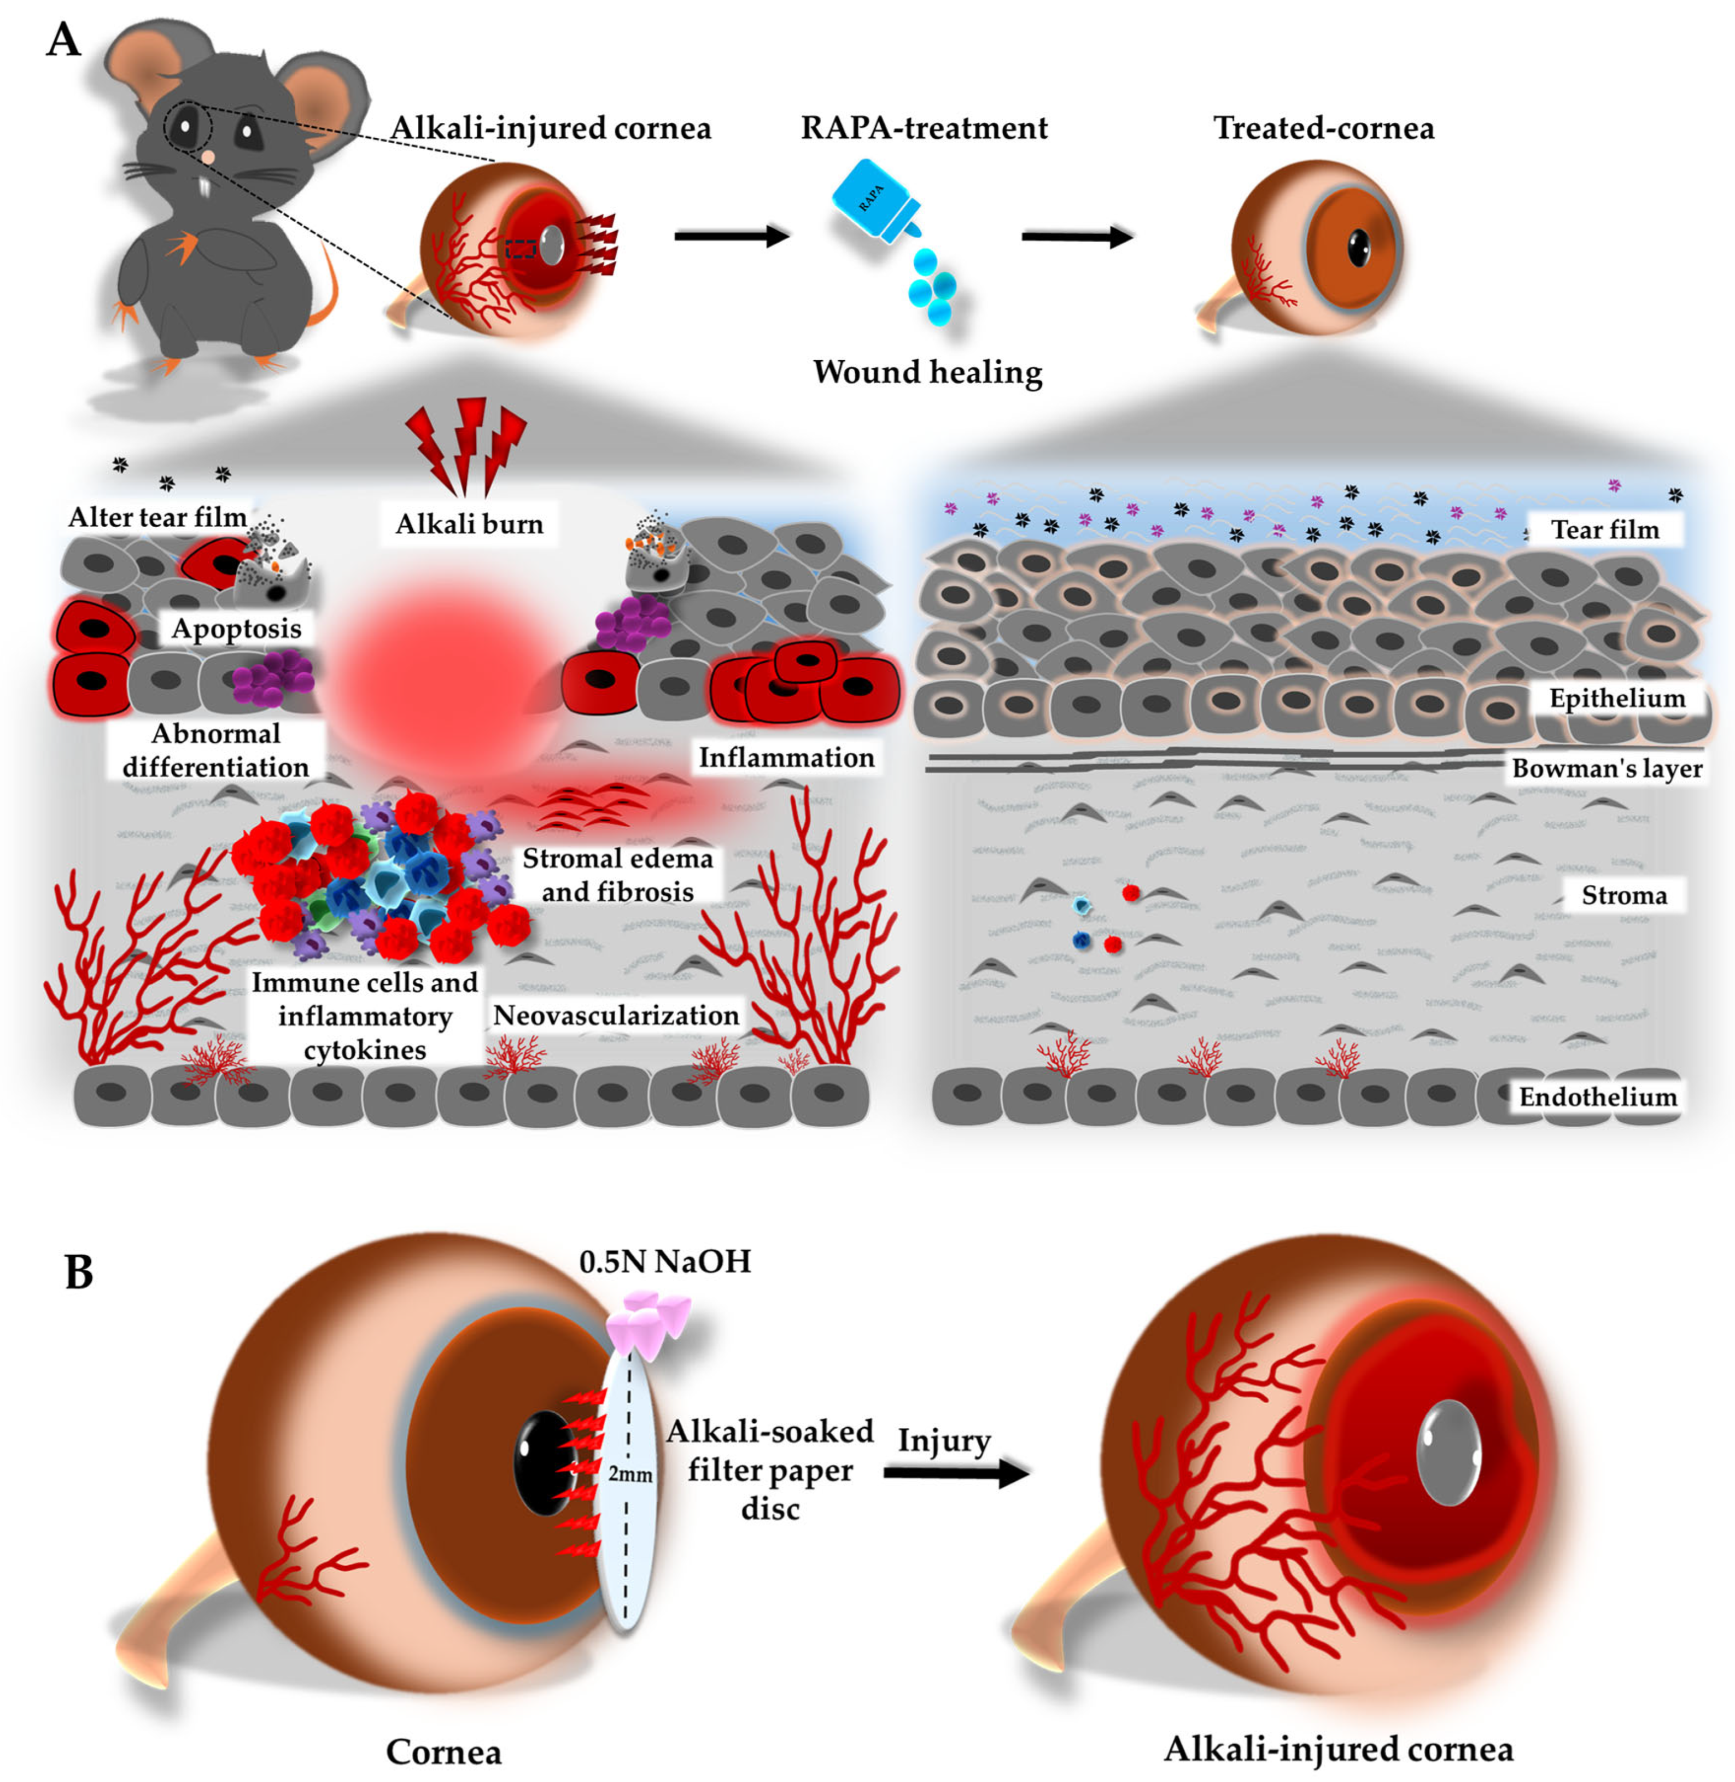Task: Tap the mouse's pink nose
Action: (x=209, y=157)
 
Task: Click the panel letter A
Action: (x=63, y=40)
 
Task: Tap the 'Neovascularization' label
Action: (x=616, y=1015)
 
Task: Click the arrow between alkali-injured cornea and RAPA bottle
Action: (x=731, y=236)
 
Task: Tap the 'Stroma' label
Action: (x=1624, y=895)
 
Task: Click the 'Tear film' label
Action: (x=1605, y=529)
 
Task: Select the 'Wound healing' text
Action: (x=927, y=372)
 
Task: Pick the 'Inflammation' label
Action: (x=786, y=757)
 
